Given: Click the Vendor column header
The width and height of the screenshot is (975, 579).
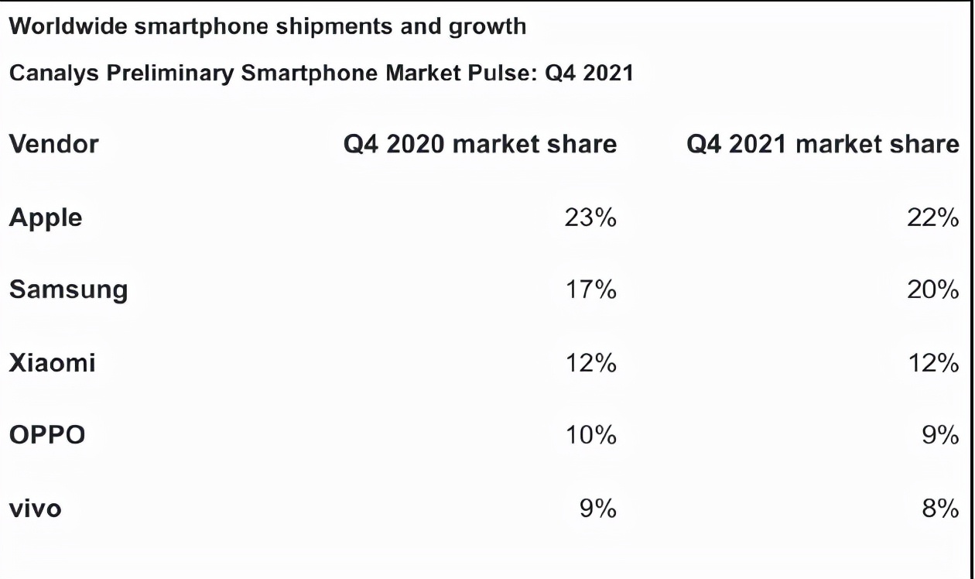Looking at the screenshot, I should (53, 144).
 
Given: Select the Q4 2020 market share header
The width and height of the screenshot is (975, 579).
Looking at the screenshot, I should (480, 144).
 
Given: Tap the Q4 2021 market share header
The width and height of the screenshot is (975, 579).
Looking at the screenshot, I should (823, 144).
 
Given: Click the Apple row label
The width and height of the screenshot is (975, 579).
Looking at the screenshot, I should (46, 218).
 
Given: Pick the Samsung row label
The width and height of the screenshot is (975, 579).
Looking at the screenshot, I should (68, 290).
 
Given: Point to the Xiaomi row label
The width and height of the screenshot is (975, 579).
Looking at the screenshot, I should (52, 362).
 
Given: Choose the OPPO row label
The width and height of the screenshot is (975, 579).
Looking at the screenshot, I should (47, 435).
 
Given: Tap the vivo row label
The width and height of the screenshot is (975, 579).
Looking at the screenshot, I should (35, 509).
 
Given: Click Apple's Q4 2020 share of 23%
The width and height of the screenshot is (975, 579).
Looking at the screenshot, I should (591, 218).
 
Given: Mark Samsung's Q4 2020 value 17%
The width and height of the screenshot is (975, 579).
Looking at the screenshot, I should (591, 290).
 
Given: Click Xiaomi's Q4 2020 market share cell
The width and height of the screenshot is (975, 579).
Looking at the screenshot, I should (591, 362).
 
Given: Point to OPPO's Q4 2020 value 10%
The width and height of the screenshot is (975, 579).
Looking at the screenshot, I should (591, 435).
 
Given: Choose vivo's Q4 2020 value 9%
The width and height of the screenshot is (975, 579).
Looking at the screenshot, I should (599, 509).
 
